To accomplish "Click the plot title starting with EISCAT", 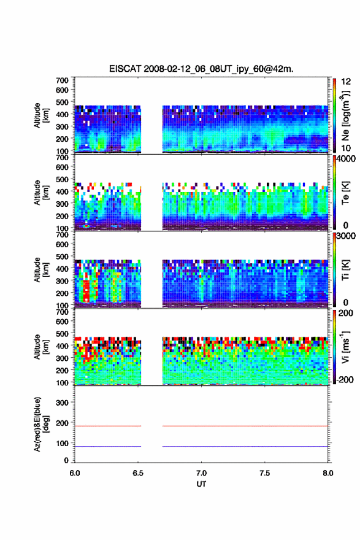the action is [201, 69].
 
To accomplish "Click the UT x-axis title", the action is [201, 484].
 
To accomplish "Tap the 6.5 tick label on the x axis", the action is [137, 473].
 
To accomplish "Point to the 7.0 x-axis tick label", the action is [201, 473].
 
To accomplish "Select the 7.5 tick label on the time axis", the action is [265, 473].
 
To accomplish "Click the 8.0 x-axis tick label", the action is [328, 473].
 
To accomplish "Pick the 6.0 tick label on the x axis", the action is [75, 473].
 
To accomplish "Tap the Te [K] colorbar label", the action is [345, 193].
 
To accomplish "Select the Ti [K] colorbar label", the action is [345, 270].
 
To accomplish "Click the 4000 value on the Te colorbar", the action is [347, 159].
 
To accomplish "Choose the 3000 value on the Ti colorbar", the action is [347, 236].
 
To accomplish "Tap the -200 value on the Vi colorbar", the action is [345, 379].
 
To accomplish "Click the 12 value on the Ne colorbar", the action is [346, 82].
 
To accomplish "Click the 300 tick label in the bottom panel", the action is [63, 403].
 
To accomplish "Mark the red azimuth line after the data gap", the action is [245, 426].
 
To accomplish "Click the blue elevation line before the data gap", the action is [108, 446].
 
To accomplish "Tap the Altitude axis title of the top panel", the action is [41, 116].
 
